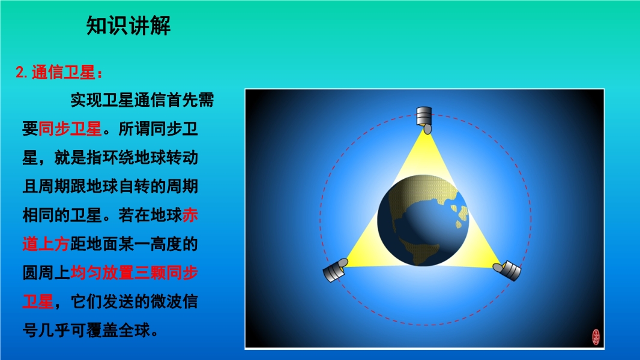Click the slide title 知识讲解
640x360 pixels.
tap(128, 26)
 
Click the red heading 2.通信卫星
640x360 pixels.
tap(59, 72)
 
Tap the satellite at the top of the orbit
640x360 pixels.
tap(424, 120)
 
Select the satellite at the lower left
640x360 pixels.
tap(335, 270)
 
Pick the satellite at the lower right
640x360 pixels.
tap(507, 271)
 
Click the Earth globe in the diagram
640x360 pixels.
tap(423, 220)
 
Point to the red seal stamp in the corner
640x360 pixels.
tap(596, 337)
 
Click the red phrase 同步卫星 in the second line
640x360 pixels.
tap(70, 129)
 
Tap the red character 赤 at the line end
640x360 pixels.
tap(190, 215)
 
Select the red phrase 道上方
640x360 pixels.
tap(46, 244)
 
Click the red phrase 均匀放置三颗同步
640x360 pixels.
tap(134, 273)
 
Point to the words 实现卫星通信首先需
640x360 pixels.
tap(142, 100)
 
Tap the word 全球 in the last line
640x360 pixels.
tap(134, 331)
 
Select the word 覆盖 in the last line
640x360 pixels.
tap(102, 331)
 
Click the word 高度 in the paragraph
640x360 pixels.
tap(166, 244)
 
